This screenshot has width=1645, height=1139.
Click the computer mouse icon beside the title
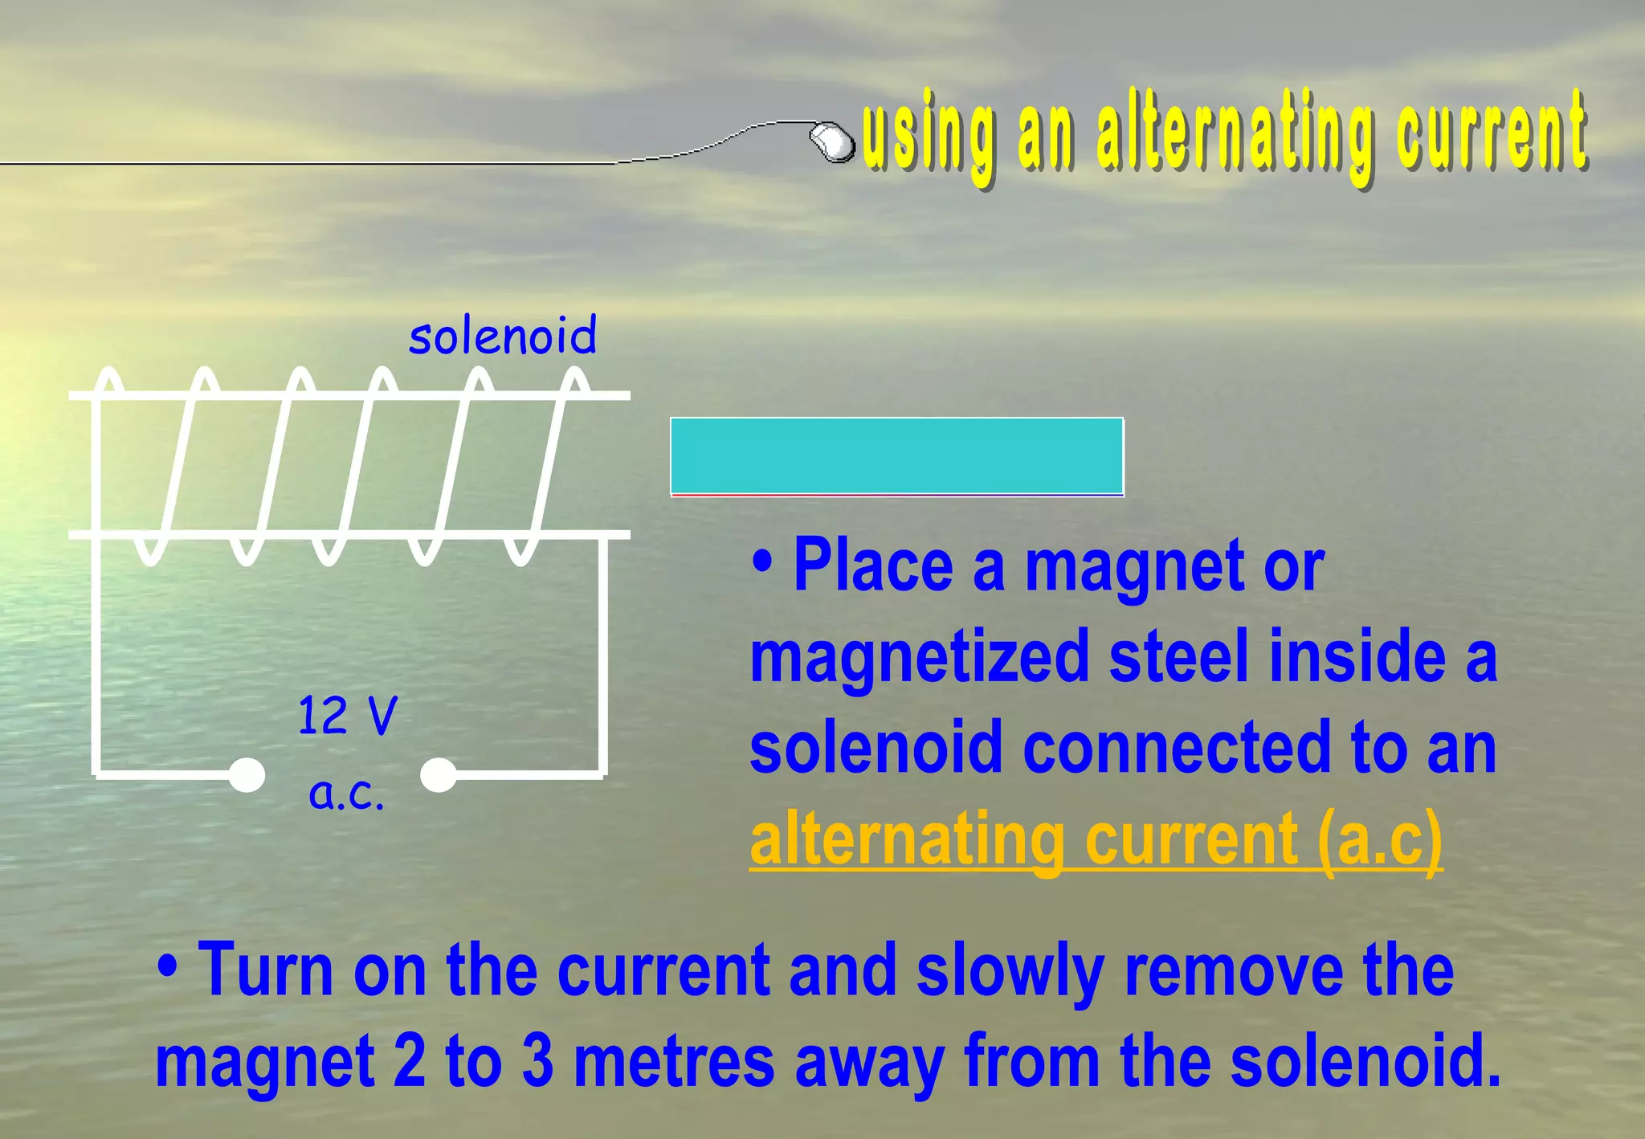tap(832, 141)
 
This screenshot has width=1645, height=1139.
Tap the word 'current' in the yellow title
tap(1491, 133)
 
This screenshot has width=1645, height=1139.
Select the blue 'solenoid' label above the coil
tap(503, 336)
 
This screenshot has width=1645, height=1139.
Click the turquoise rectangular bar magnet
tap(896, 455)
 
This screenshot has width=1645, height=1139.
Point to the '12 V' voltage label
tap(347, 715)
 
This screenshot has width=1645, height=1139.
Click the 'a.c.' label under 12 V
tap(347, 793)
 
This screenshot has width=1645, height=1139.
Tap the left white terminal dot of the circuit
tap(247, 775)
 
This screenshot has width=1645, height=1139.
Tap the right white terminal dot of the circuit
tap(439, 775)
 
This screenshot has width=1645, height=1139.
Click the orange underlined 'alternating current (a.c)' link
tap(1096, 839)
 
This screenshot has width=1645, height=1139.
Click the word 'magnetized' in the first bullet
tap(919, 658)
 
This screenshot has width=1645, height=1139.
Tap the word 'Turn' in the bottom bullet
tap(265, 970)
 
